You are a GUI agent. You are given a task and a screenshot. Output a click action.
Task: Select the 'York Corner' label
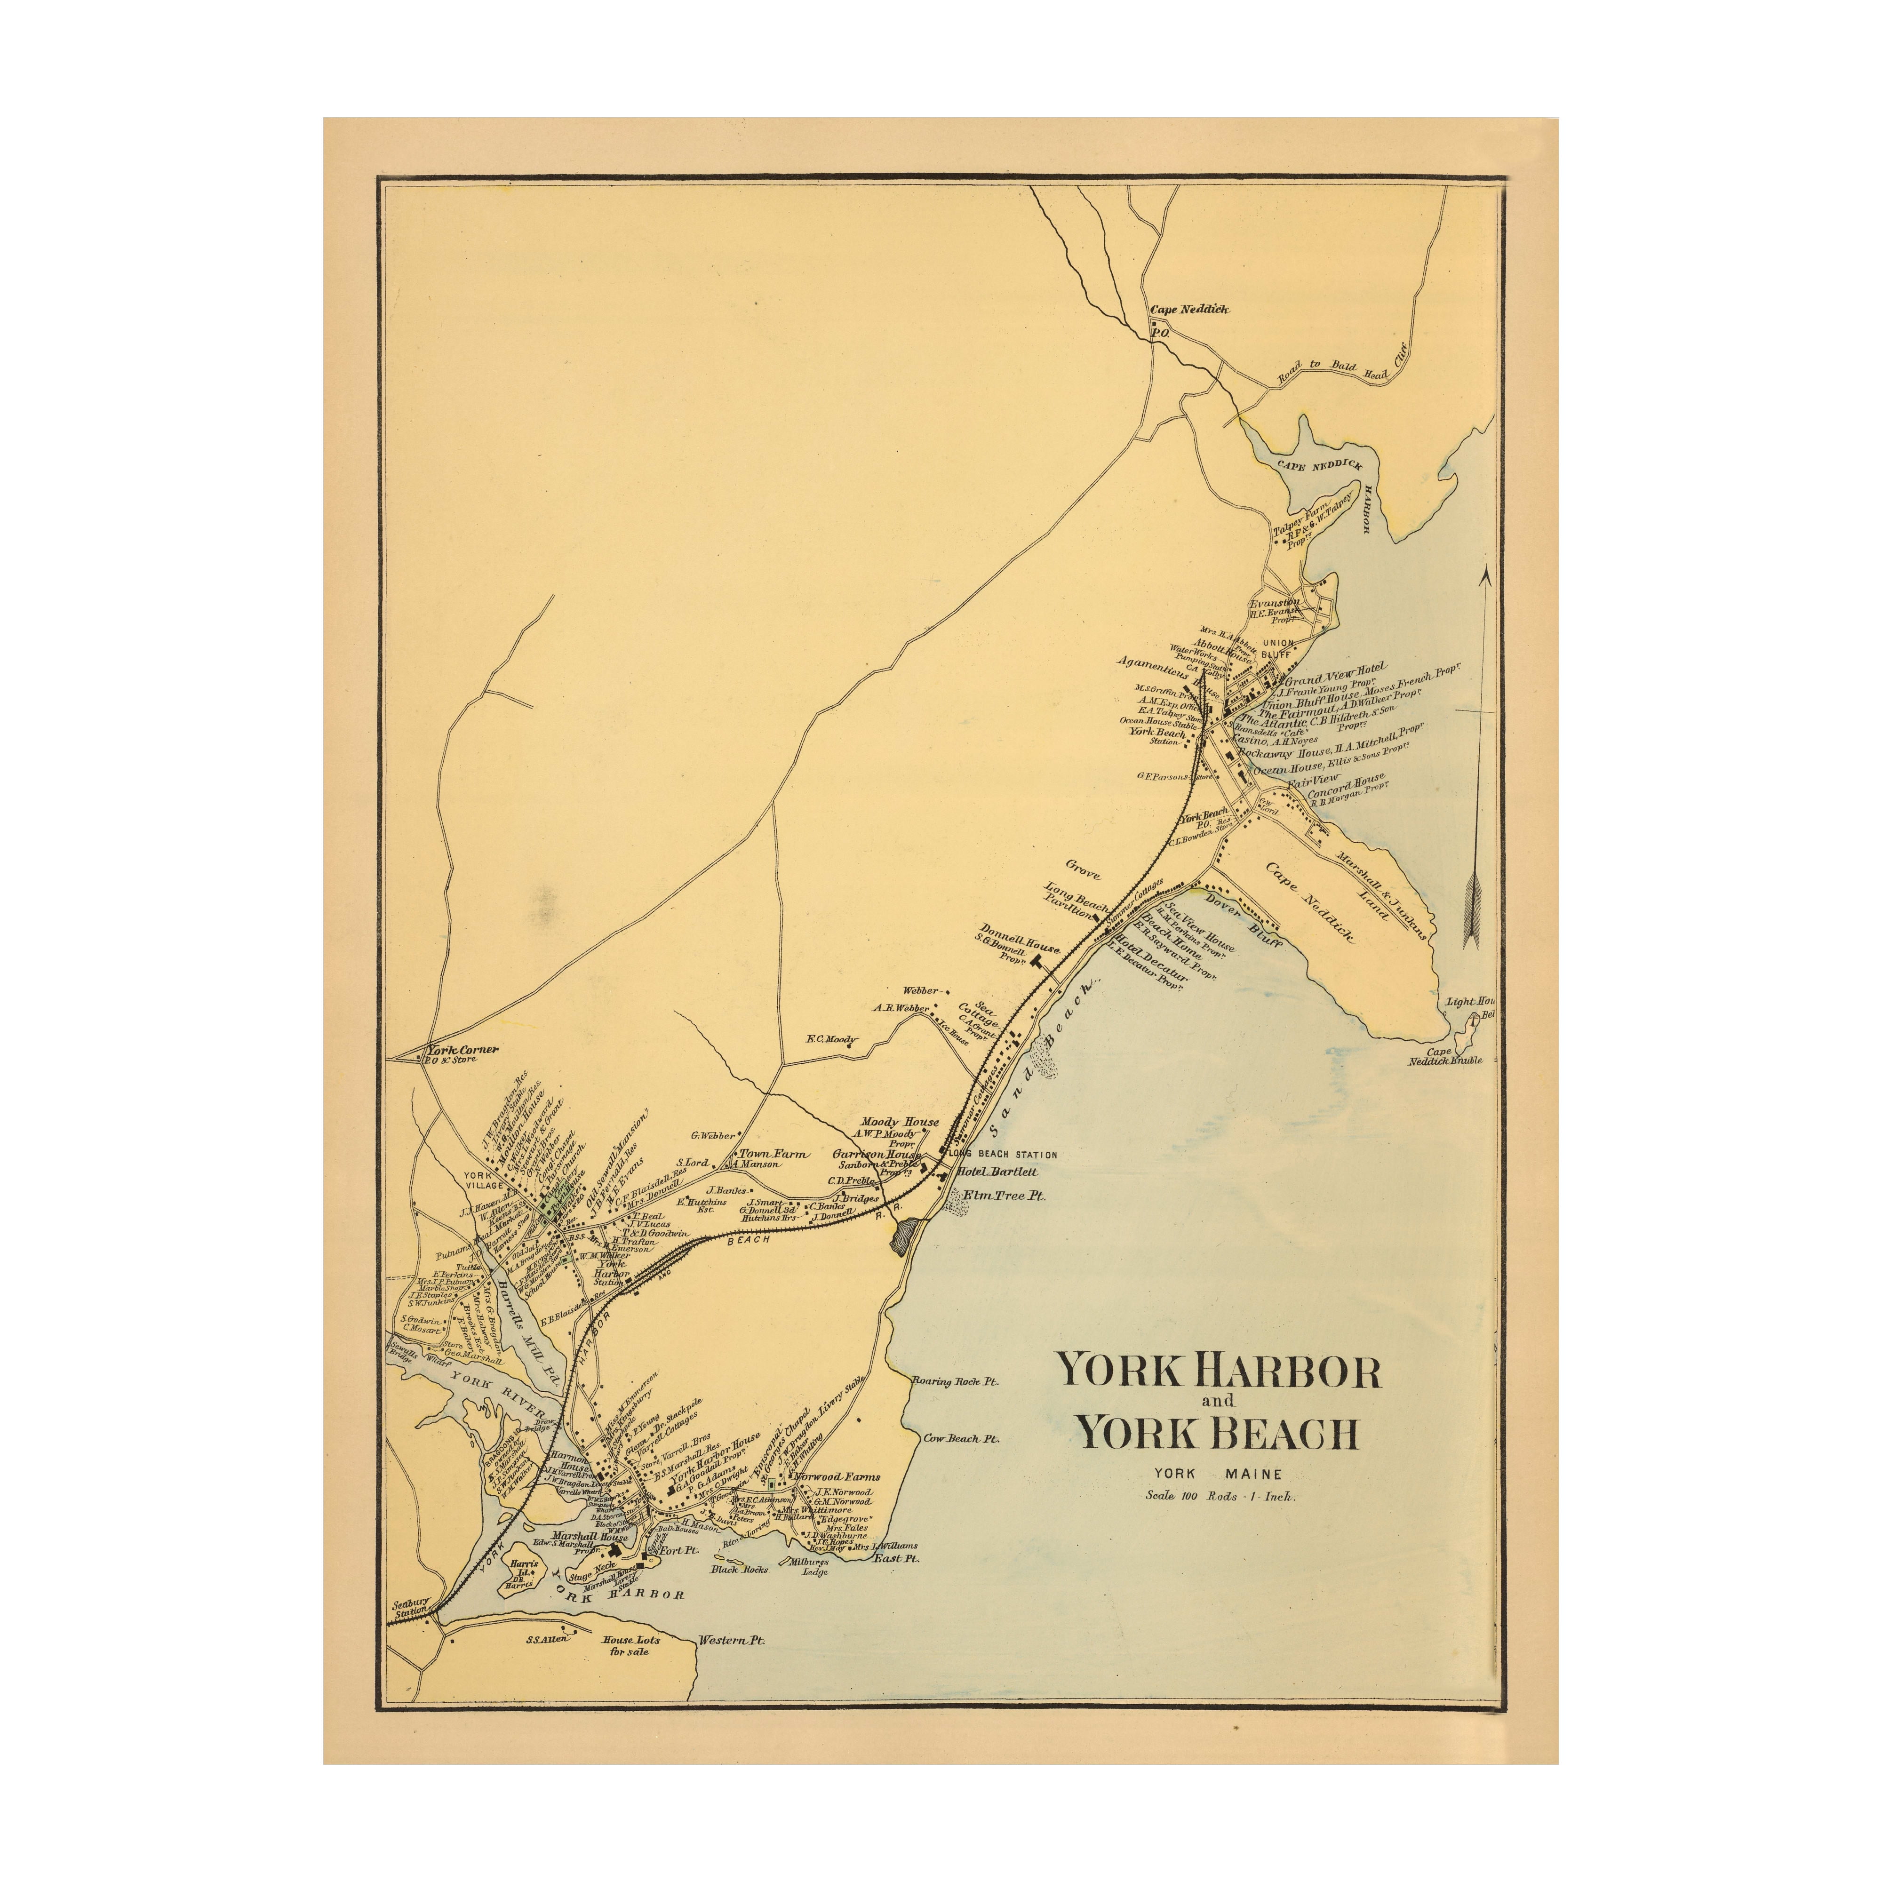(x=463, y=1050)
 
